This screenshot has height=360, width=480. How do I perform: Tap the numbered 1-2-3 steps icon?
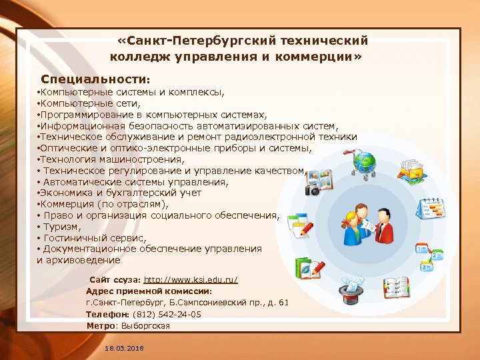click(431, 256)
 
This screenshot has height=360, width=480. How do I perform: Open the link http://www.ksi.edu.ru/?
click(191, 279)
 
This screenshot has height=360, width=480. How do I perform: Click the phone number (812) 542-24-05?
click(167, 314)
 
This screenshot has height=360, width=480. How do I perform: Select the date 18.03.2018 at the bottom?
click(124, 349)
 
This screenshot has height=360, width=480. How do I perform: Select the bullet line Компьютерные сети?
click(89, 103)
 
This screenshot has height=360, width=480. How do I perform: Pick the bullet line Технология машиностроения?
click(109, 159)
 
